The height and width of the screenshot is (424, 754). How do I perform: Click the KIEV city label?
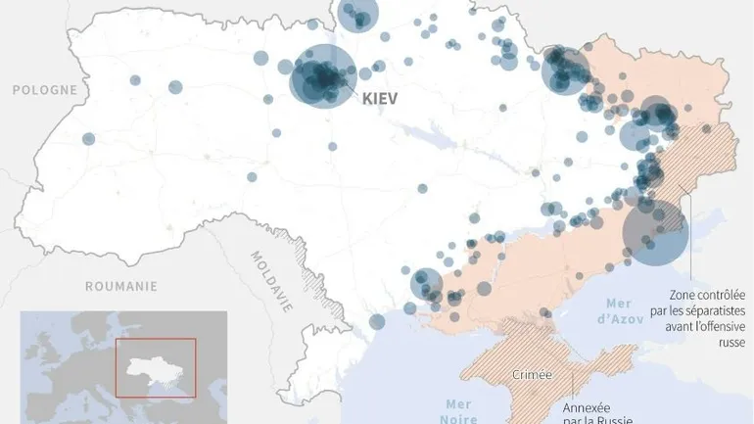(x=385, y=99)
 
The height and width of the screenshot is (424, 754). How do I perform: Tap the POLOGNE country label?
(x=44, y=89)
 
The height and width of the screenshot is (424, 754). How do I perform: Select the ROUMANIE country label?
(x=120, y=286)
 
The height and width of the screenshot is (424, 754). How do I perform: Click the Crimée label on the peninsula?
(x=532, y=375)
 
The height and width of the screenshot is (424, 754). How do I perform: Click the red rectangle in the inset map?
(x=155, y=367)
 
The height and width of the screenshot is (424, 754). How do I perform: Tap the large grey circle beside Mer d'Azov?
(x=655, y=232)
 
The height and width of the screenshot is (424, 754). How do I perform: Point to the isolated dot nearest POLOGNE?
(x=89, y=139)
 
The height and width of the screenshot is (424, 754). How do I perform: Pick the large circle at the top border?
(x=358, y=15)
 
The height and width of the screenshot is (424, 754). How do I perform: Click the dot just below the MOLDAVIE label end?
(x=377, y=321)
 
